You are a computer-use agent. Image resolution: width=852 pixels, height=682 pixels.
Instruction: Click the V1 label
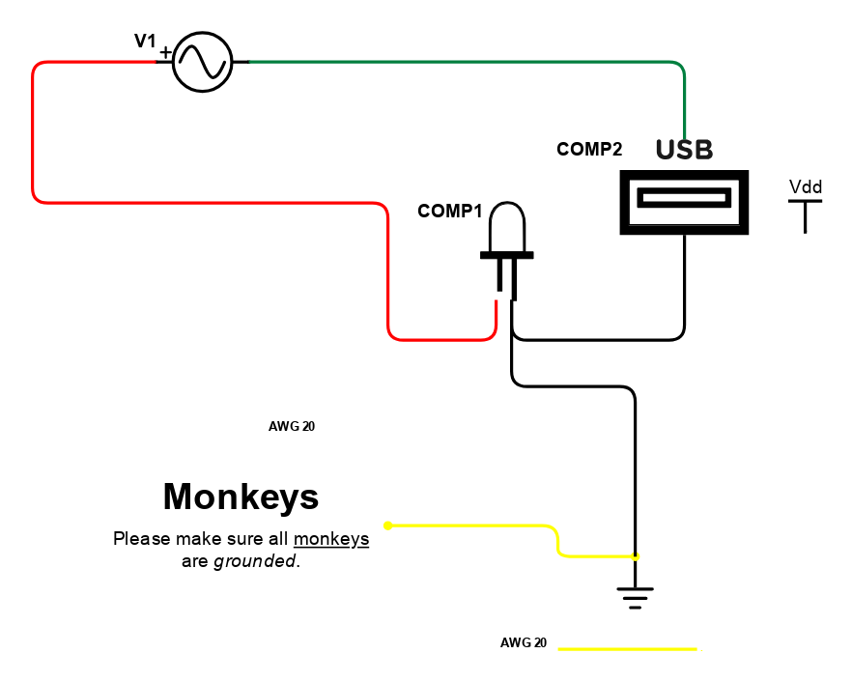145,41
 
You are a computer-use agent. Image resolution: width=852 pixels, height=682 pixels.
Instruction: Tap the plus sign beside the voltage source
166,53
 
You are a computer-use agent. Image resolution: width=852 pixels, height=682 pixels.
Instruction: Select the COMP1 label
450,211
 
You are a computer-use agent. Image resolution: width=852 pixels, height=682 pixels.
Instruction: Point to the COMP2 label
589,149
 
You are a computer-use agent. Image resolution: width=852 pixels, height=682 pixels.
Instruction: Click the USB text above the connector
685,150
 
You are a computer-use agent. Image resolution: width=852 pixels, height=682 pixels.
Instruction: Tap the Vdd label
806,187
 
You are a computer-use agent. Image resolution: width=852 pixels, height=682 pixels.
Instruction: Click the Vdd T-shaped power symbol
806,216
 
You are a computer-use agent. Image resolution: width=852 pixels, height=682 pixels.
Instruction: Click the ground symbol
636,598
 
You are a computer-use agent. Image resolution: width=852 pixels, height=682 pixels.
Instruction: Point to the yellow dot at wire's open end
388,526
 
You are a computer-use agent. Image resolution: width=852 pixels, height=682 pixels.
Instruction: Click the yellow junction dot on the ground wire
636,556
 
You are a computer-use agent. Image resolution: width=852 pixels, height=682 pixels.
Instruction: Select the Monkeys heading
241,497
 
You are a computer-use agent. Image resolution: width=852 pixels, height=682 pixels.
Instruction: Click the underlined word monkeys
331,539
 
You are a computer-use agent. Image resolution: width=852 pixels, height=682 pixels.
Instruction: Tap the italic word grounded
255,561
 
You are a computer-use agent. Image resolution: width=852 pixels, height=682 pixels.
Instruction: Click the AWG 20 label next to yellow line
524,642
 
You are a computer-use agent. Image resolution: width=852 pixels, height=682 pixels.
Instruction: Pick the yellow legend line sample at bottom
628,649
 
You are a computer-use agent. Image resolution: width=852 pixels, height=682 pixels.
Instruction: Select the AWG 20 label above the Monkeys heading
292,427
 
